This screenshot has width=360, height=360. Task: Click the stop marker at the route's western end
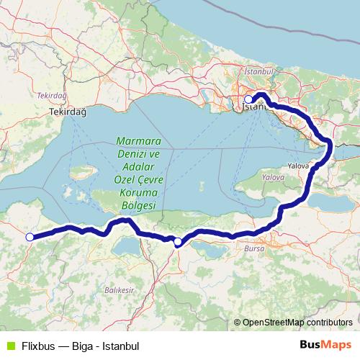pos(30,237)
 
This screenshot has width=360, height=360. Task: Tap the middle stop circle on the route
pos(178,242)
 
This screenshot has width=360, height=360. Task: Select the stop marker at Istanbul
pos(248,99)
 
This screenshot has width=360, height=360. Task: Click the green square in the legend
pos(10,346)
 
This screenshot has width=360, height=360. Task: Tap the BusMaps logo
pos(325,345)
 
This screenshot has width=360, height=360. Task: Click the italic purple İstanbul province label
pos(260,73)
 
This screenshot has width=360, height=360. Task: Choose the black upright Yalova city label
pos(297,166)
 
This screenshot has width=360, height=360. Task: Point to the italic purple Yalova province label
pos(274,176)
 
